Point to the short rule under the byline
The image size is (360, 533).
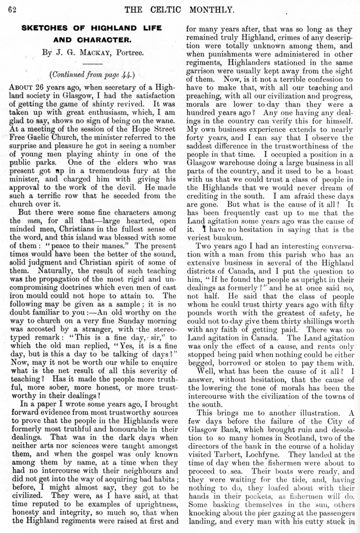pos(91,63)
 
